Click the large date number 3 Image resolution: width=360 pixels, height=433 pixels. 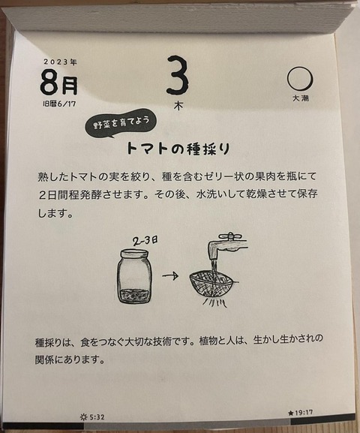pos(178,75)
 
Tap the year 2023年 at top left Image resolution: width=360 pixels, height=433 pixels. pos(60,62)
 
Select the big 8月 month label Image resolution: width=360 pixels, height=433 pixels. pos(59,83)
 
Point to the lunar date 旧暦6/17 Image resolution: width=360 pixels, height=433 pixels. pos(59,104)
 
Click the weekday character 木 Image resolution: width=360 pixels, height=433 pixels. pos(178,106)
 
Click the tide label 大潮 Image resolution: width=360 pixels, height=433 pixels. pos(300,98)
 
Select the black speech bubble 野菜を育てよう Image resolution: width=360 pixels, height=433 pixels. pos(121,123)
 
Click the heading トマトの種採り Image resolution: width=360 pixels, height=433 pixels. pos(178,149)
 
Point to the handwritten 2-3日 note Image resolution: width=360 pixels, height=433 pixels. pos(145,241)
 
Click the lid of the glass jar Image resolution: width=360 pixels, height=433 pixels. pos(135,254)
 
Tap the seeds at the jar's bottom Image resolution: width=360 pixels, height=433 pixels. pos(135,296)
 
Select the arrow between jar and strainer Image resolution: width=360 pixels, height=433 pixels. pos(170,275)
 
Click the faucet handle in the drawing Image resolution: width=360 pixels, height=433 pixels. pos(230,236)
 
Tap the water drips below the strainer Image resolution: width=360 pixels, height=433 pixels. pos(214,303)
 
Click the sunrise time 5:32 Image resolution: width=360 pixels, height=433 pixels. pos(96,417)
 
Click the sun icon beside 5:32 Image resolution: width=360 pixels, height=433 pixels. pos(83,417)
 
